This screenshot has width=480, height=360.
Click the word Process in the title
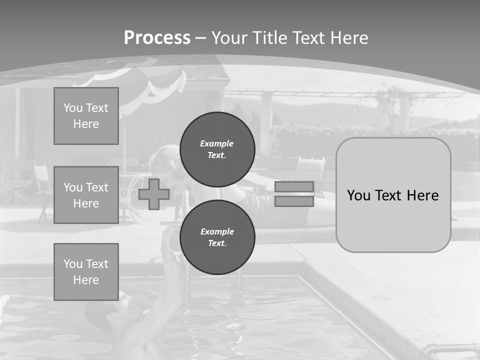click(x=157, y=38)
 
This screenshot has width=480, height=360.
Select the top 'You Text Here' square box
click(x=86, y=116)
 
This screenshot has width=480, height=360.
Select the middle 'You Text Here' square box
click(x=86, y=195)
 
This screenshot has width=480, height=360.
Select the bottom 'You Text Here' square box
click(x=86, y=272)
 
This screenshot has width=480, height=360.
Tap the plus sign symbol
click(x=154, y=194)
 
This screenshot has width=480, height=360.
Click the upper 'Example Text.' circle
click(x=217, y=149)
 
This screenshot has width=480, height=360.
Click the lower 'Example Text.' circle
click(x=217, y=237)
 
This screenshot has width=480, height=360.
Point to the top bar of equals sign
click(x=294, y=186)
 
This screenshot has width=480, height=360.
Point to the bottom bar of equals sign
click(x=294, y=201)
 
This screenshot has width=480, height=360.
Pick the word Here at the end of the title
click(x=349, y=38)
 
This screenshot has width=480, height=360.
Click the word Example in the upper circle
click(x=217, y=143)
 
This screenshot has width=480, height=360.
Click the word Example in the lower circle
click(x=217, y=231)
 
